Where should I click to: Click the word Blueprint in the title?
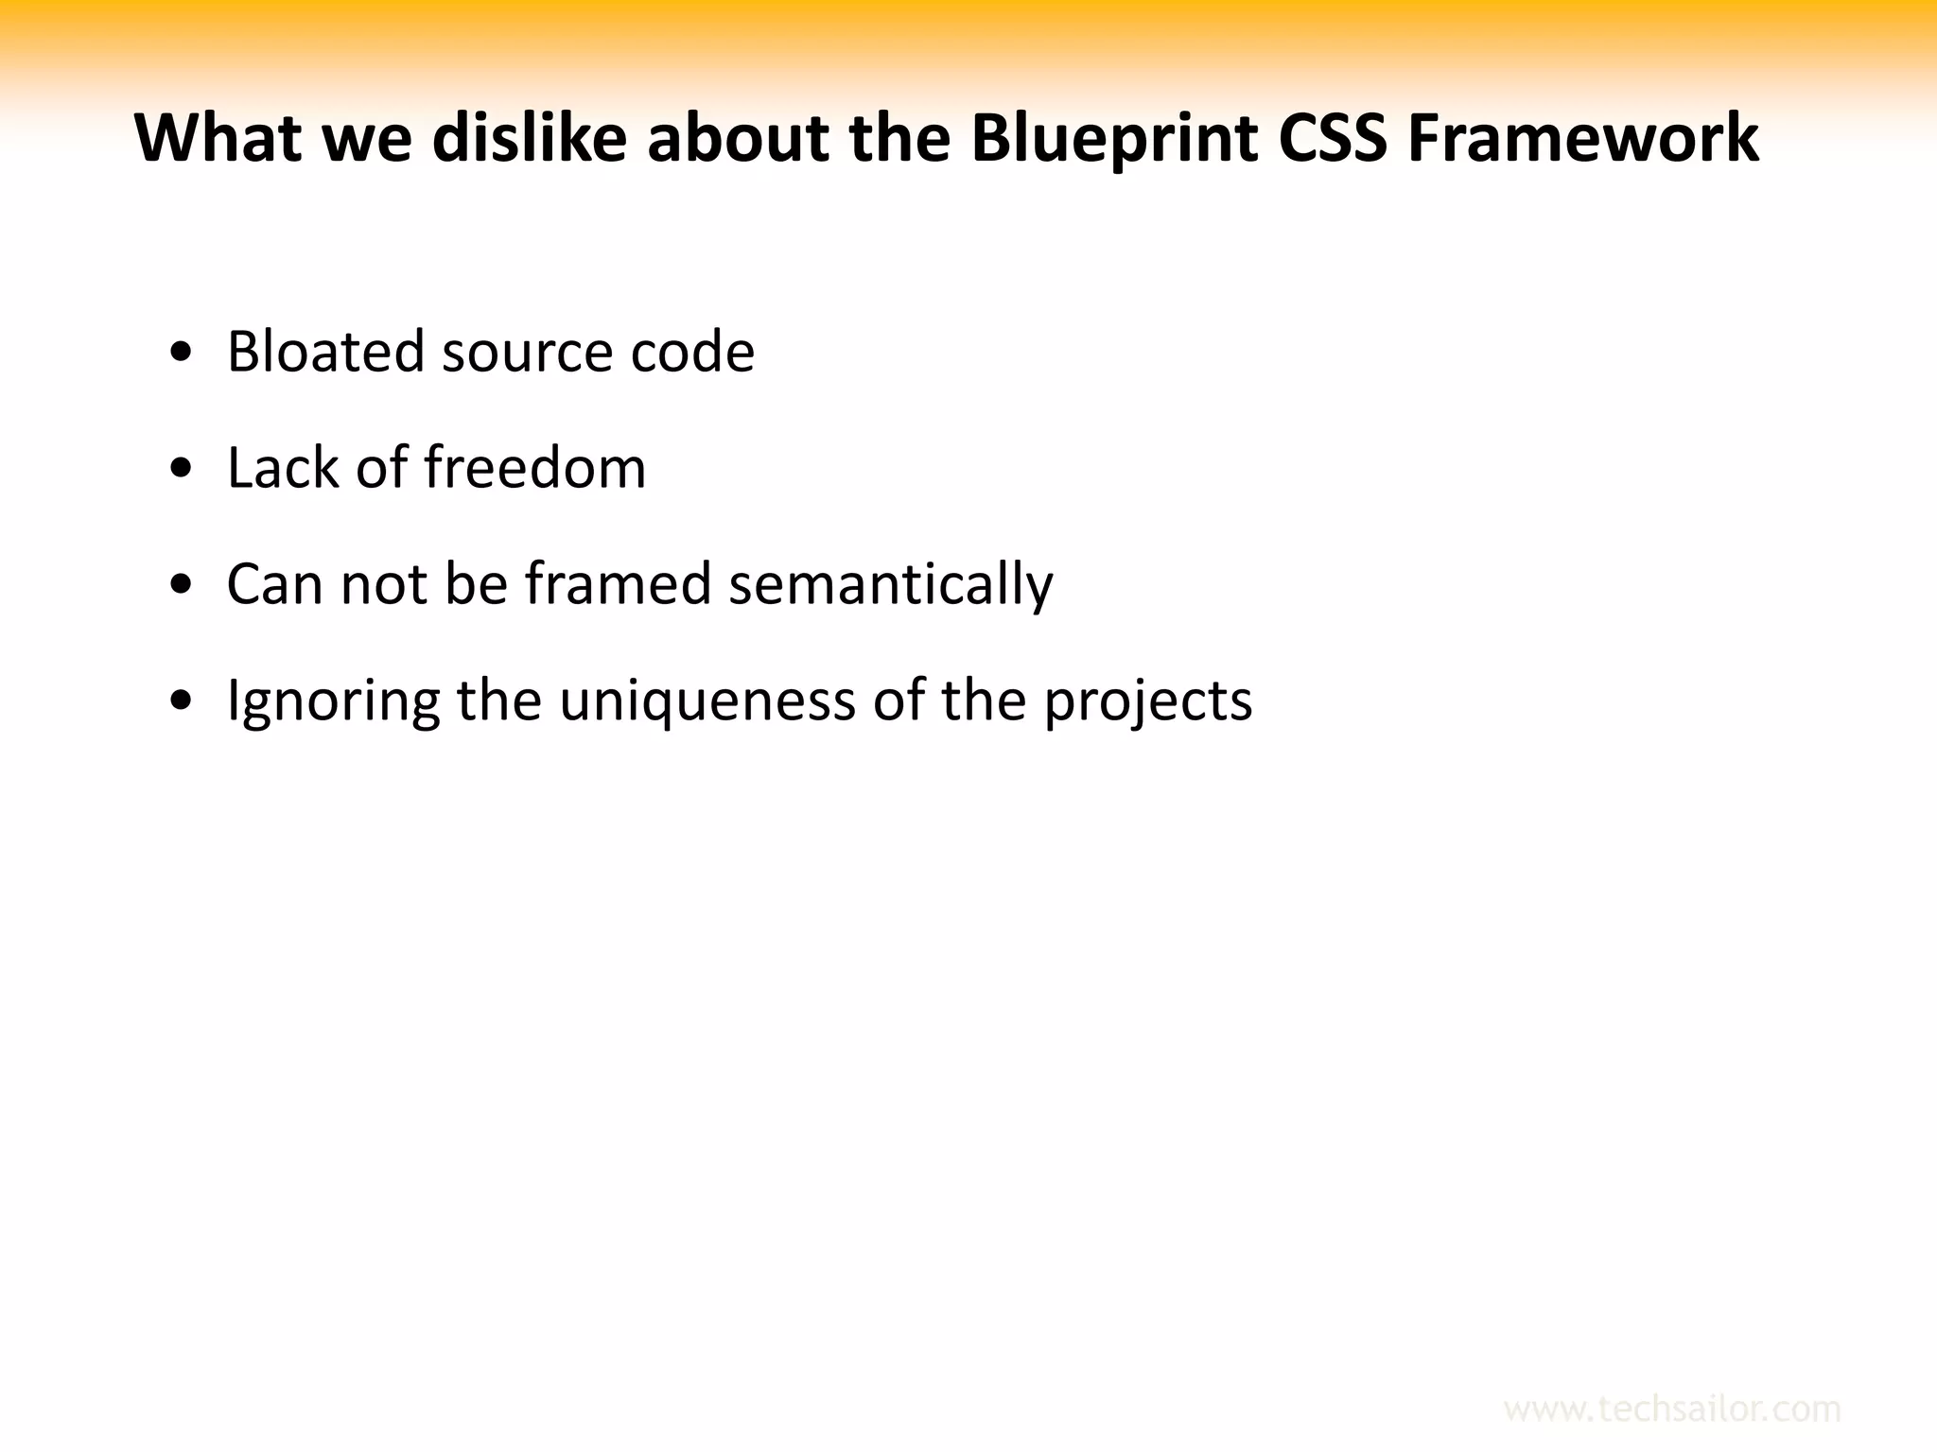point(1114,139)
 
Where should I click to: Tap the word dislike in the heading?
point(530,139)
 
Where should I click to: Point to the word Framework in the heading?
point(1582,139)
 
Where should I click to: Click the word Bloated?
point(325,352)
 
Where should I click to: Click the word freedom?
point(534,468)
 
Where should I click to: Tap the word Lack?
point(283,468)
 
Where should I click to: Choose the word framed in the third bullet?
point(618,584)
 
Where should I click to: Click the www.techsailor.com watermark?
point(1671,1409)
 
